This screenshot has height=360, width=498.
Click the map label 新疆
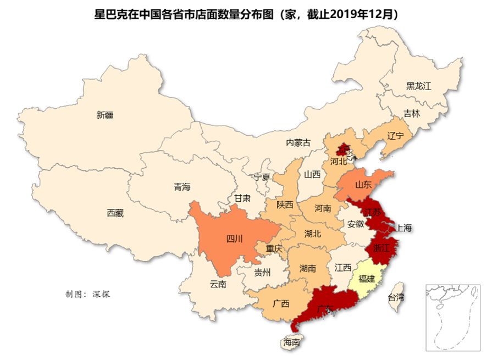(x=104, y=115)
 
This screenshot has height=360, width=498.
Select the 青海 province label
(x=182, y=187)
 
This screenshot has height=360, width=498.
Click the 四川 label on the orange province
(x=234, y=239)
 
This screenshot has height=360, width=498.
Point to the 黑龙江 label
(x=419, y=86)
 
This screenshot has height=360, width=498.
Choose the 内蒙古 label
(x=298, y=143)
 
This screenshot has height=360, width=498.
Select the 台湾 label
(x=396, y=298)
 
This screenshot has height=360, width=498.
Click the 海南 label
(x=291, y=342)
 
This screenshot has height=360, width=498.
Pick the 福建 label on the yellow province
(x=367, y=279)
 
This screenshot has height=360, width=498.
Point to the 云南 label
(x=218, y=285)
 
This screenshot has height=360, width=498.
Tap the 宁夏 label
(x=262, y=177)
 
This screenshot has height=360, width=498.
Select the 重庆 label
(x=274, y=249)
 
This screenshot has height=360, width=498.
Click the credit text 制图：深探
(x=88, y=294)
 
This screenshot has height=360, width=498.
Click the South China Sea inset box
(x=453, y=318)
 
